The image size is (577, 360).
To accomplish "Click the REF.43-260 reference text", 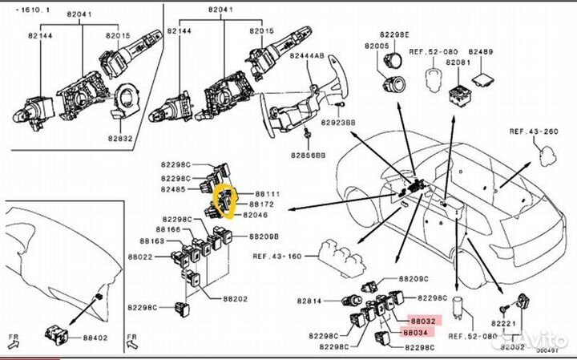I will click(534, 131).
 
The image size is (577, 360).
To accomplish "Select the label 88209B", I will click(262, 237).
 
